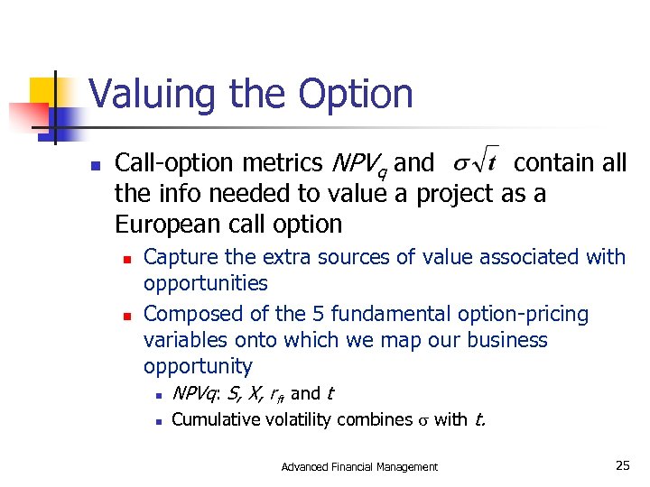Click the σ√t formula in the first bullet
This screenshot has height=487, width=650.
(472, 162)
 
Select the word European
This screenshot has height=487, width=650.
(172, 224)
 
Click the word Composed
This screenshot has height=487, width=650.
(192, 314)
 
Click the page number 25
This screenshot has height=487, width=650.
(622, 465)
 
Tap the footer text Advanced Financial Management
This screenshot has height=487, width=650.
(359, 466)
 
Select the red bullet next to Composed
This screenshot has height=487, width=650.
(127, 317)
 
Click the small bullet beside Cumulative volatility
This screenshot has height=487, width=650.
(157, 421)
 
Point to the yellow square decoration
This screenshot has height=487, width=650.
(42, 90)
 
